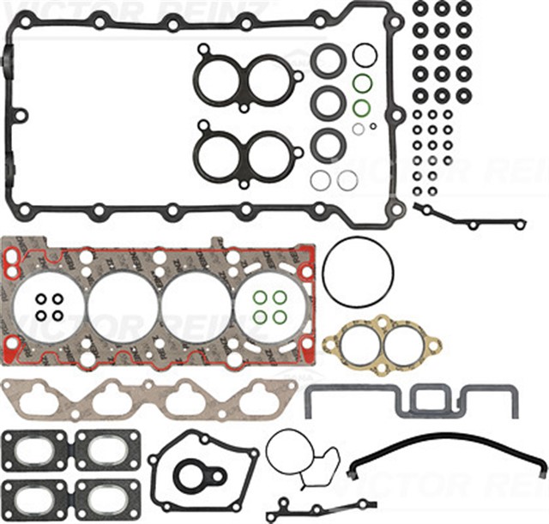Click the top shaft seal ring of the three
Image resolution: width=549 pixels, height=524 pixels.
[328, 61]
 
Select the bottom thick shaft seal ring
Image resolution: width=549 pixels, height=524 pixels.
[328, 143]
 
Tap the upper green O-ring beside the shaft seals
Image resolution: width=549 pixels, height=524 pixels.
[363, 84]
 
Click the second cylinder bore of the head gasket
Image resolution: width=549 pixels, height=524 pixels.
[123, 305]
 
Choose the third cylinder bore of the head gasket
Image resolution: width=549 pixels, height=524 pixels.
[196, 305]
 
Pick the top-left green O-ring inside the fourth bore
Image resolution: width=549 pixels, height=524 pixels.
[259, 298]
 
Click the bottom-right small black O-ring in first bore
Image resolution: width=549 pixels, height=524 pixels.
[57, 316]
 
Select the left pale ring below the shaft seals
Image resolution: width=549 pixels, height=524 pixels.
[320, 180]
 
